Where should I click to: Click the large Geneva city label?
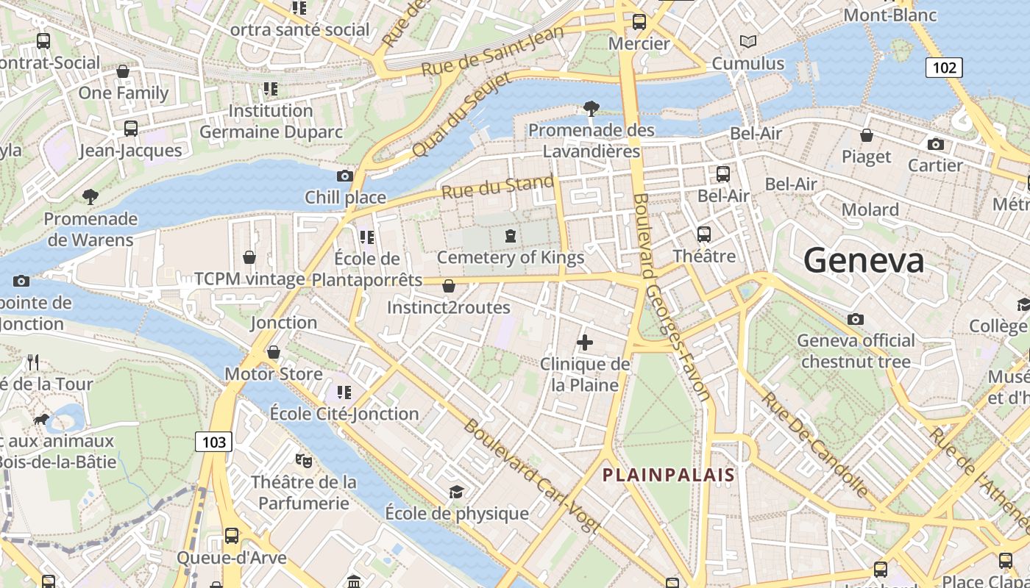tap(864, 261)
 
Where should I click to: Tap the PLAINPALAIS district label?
tap(669, 475)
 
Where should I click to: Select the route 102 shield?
tap(944, 68)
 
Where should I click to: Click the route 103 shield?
tap(213, 442)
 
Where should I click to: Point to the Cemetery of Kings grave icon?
tap(510, 236)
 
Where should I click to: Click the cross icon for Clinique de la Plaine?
tap(585, 343)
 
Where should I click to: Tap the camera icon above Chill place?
tap(344, 176)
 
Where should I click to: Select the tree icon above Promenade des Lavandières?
tap(591, 109)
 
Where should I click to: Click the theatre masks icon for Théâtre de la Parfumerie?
tap(303, 461)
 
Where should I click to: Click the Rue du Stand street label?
tap(498, 187)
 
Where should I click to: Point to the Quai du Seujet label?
tap(451, 118)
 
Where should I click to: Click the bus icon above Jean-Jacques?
tap(131, 129)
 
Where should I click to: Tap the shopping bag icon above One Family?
tap(123, 71)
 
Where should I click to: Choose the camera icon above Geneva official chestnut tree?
tap(855, 319)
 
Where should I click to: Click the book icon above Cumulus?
tap(748, 42)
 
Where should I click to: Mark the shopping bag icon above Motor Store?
tap(274, 352)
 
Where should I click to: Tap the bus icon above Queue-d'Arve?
tap(232, 536)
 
